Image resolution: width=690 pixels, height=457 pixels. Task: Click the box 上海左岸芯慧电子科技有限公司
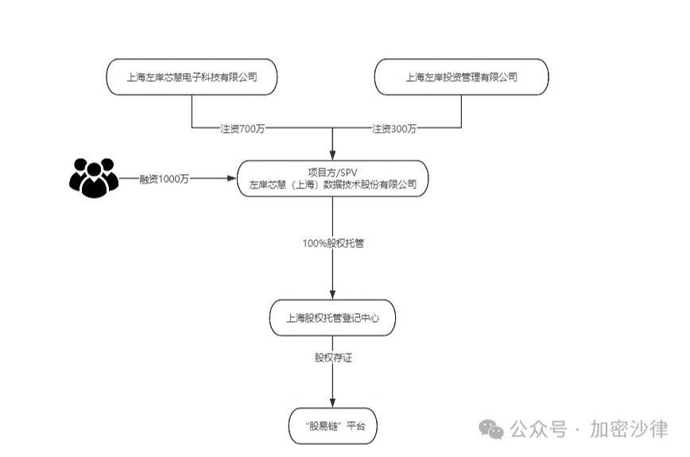(192, 77)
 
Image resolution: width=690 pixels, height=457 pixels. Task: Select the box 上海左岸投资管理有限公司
(461, 77)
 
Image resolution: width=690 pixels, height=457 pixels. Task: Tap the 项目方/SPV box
(332, 179)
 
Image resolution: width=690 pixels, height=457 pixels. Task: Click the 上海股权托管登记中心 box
(332, 318)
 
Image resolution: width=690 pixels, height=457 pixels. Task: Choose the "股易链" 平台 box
(332, 426)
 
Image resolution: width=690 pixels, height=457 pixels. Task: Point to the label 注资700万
(242, 128)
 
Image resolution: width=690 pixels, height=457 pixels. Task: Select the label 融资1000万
(163, 179)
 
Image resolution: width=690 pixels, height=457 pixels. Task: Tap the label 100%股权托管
(333, 243)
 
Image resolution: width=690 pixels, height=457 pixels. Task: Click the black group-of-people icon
(93, 178)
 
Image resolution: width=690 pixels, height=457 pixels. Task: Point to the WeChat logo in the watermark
(494, 429)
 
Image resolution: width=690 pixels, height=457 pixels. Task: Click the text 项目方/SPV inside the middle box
(332, 172)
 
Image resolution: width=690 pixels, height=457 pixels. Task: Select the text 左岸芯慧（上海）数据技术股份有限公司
(332, 185)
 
